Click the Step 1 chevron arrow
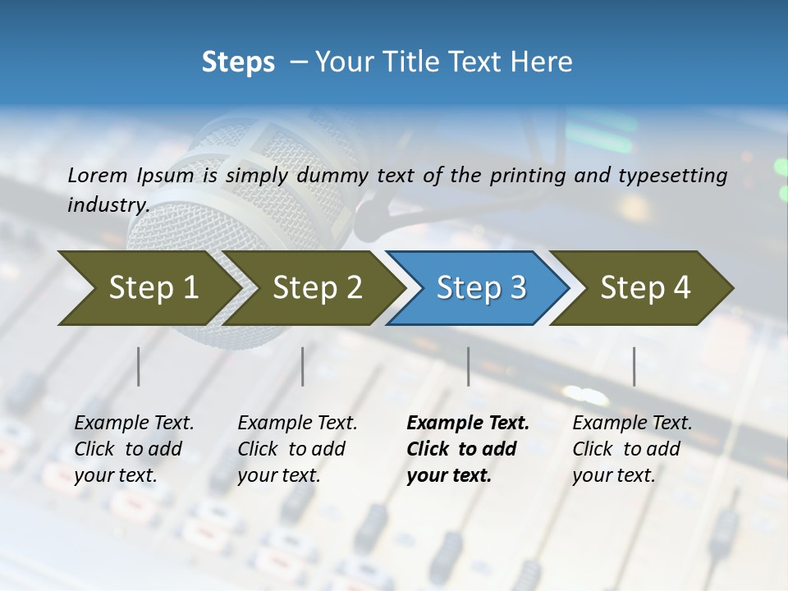coord(153,288)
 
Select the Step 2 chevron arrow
coord(317,288)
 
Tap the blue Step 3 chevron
coord(480,288)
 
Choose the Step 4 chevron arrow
coord(644,288)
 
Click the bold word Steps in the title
coord(238,62)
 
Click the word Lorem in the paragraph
coord(98,175)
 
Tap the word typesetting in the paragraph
coord(668,175)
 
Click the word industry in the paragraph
coord(108,204)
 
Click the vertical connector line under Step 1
coord(139,366)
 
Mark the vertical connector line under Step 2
coord(303,366)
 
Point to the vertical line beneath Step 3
coord(469,366)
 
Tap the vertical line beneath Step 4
coord(634,366)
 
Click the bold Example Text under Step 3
coord(468,424)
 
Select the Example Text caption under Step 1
coord(134,424)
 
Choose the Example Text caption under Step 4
coord(632,424)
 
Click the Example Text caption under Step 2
coord(297,424)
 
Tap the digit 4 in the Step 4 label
coord(681,288)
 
